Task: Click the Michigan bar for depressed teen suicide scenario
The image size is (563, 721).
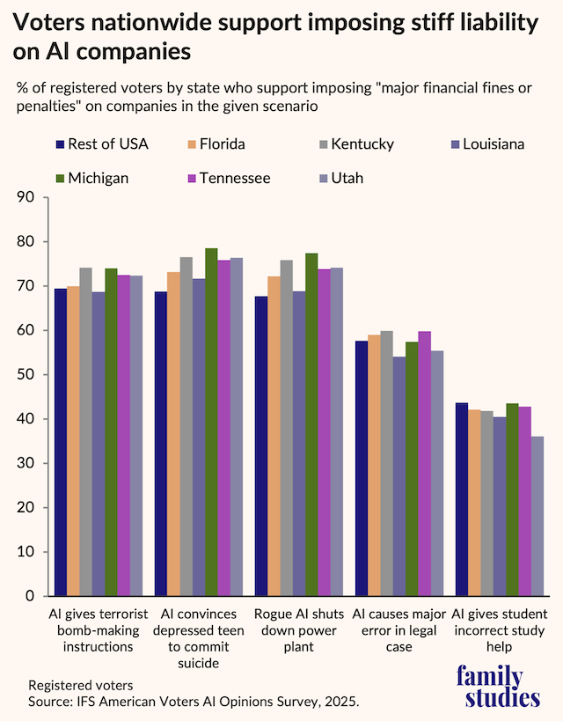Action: click(211, 423)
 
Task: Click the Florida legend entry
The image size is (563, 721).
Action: click(216, 144)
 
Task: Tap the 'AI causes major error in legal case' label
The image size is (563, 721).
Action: click(398, 629)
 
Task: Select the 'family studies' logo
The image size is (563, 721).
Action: click(498, 688)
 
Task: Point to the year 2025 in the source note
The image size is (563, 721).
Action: click(342, 702)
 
